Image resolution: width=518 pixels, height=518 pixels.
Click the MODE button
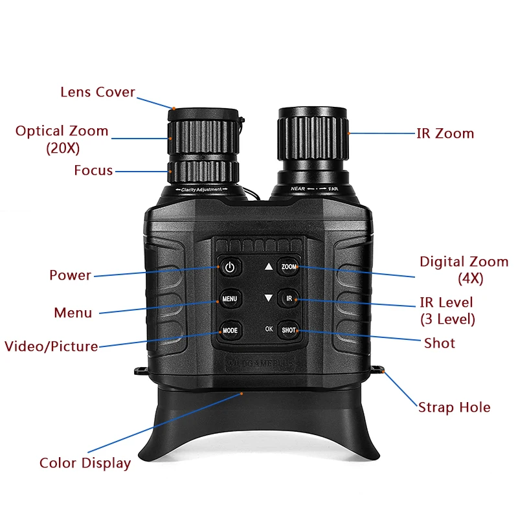point(231,330)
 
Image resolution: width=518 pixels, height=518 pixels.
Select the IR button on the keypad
point(289,299)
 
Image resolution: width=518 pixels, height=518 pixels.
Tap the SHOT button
point(289,330)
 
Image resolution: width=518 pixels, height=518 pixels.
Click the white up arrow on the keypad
point(269,266)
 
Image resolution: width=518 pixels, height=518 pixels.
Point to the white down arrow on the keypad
point(269,298)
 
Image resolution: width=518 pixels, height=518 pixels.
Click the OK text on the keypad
point(269,330)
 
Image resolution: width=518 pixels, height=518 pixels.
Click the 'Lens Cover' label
point(98,92)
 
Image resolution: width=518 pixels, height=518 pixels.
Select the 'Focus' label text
point(93,171)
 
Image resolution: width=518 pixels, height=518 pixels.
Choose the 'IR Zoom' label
point(445,134)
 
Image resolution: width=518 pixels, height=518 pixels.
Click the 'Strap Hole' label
point(454,407)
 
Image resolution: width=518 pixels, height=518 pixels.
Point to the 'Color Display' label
point(85,463)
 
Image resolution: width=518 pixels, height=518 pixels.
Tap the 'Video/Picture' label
point(51,346)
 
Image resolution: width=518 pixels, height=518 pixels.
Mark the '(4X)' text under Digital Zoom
point(470,279)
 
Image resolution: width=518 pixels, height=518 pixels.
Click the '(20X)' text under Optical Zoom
point(62,148)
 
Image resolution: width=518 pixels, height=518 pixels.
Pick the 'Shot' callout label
point(440,343)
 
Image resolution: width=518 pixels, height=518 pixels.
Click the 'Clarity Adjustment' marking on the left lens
point(200,190)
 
